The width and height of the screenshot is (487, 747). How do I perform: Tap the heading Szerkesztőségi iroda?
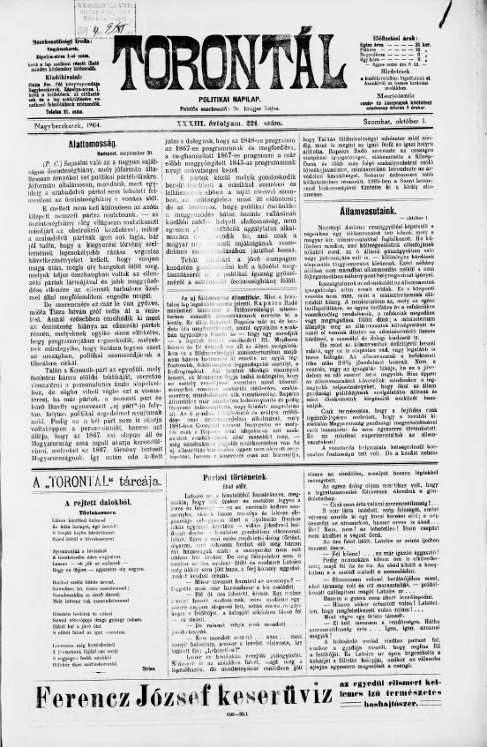tap(62, 41)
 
